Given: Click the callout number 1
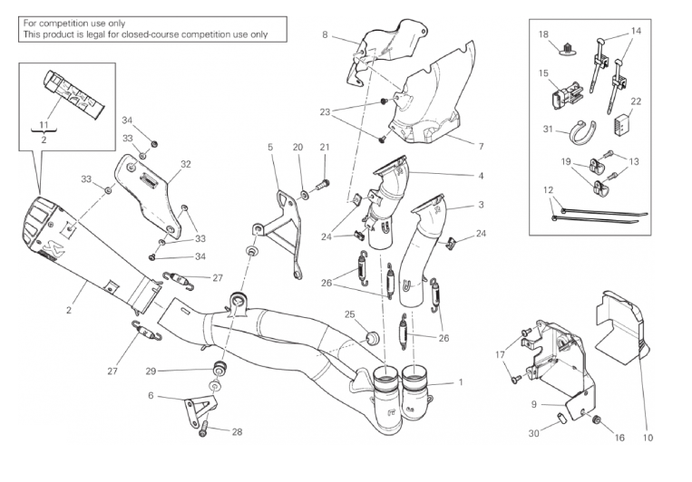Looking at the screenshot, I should pos(461,381).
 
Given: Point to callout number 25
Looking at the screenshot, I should pos(349,314).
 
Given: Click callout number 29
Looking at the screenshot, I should pos(151,371).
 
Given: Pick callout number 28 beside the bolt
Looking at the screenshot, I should pos(236,432).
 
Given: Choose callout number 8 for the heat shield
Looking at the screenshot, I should pos(325,34).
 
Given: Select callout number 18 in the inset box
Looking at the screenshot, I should pos(543,34).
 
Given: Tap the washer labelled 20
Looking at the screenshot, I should pos(300,195).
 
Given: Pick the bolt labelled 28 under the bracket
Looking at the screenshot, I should pos(203,433).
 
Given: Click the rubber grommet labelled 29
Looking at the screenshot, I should pos(218,370).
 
